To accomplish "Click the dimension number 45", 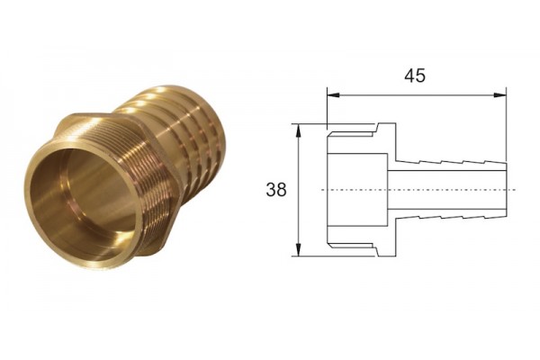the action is [415, 76].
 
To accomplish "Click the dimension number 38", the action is [276, 190].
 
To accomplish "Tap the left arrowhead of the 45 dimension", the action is [333, 95].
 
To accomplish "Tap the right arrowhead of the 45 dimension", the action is [500, 95].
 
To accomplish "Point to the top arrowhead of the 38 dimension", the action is [299, 130].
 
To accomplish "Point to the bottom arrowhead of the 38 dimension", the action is [299, 250].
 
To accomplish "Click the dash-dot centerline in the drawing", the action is [418, 190].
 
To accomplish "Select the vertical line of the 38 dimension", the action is [299, 190].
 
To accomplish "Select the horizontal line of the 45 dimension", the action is [417, 95].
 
